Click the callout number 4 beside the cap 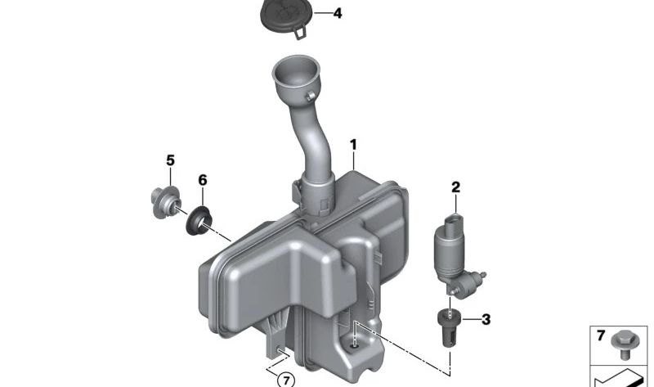coord(338,13)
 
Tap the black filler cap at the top coord(284,16)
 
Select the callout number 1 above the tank coord(354,145)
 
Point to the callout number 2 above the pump coord(455,187)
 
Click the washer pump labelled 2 coord(457,255)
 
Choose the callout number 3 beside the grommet coord(486,320)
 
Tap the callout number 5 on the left coord(170,160)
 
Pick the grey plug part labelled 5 coord(166,203)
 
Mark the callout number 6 coord(203,180)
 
